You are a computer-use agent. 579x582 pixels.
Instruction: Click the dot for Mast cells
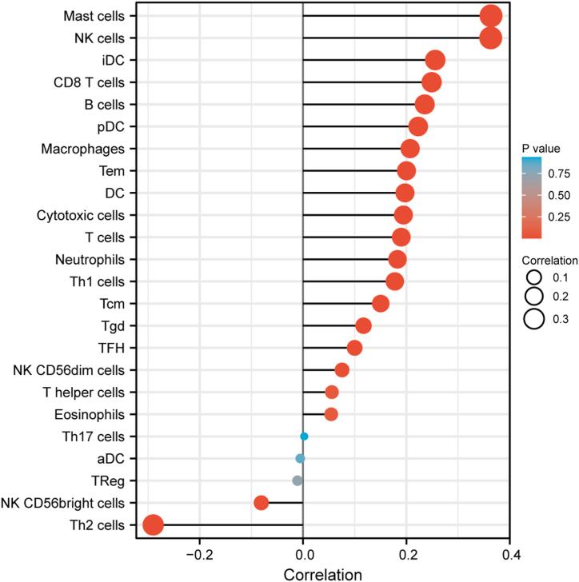tap(491, 16)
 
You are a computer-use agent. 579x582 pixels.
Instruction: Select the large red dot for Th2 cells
tap(153, 525)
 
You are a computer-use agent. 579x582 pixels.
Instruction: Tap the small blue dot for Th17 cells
tap(304, 436)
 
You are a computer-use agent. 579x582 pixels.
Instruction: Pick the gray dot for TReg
tap(297, 480)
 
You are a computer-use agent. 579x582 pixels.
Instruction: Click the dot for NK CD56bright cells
tap(261, 503)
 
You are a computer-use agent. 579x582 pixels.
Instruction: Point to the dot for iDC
tap(435, 60)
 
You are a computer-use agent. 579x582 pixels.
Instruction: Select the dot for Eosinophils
tap(331, 414)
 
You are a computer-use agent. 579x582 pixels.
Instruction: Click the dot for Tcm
tap(381, 304)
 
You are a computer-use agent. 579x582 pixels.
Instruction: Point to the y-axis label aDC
tap(121, 458)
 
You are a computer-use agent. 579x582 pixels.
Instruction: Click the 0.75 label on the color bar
tap(557, 171)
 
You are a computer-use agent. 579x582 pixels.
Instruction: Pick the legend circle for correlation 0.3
tap(533, 319)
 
